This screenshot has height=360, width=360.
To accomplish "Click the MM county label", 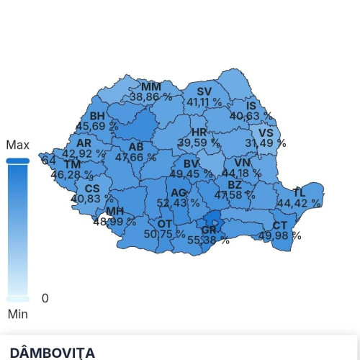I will [150, 86].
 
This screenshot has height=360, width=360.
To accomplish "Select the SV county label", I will [204, 91].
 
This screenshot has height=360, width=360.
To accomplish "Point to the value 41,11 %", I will [204, 102].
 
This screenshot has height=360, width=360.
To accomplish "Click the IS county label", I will [251, 106].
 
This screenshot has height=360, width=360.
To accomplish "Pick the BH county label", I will [97, 116].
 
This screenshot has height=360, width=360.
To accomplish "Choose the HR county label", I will [199, 132].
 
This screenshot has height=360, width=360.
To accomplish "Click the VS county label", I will [266, 133].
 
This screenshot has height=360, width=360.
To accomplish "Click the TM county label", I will [72, 164].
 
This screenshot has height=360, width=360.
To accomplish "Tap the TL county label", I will [299, 193].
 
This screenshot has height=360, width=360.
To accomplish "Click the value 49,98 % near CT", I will [280, 235].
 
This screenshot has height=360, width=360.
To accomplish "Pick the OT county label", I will [165, 224].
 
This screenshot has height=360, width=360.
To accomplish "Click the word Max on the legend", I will [17, 145].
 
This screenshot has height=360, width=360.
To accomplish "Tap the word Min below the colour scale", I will [17, 313].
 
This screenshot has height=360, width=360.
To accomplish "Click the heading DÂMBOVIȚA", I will [53, 352].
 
